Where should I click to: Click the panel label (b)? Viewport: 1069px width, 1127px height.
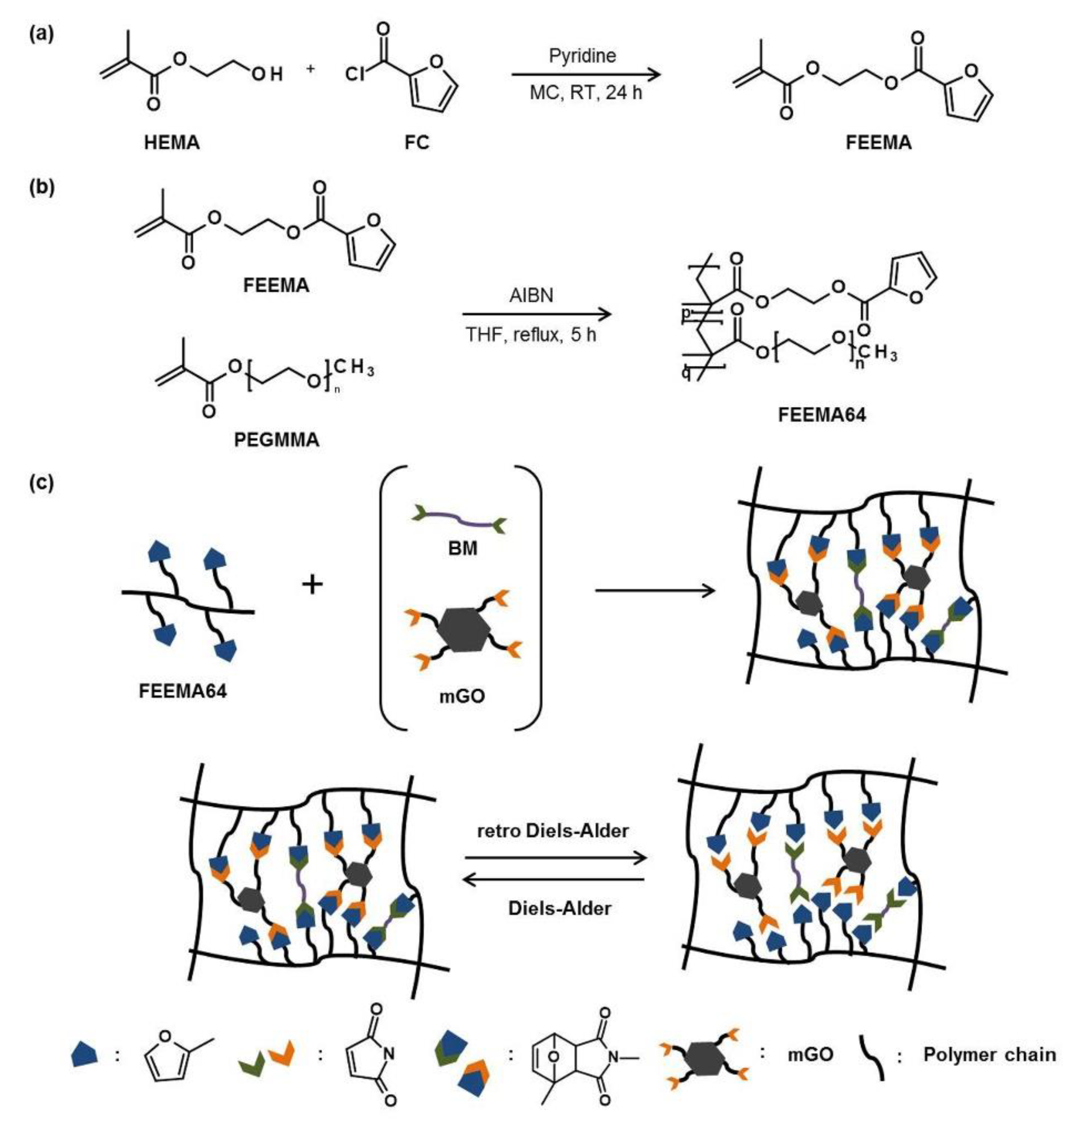pos(41,187)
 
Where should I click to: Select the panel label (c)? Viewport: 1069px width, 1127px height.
pos(41,483)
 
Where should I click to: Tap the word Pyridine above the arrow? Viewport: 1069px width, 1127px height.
pos(582,56)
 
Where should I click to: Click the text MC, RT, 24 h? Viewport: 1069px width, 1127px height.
pos(586,92)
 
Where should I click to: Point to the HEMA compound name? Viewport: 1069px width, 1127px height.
pos(172,142)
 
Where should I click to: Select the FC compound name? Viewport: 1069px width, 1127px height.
pos(416,142)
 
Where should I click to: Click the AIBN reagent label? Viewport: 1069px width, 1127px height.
pos(531,295)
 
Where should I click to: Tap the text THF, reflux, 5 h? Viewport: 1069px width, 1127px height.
pos(531,335)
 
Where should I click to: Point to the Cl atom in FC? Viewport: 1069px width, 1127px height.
pos(355,75)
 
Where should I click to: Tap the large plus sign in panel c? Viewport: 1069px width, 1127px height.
pos(312,584)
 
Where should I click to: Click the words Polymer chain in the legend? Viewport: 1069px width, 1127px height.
pos(990,1054)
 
